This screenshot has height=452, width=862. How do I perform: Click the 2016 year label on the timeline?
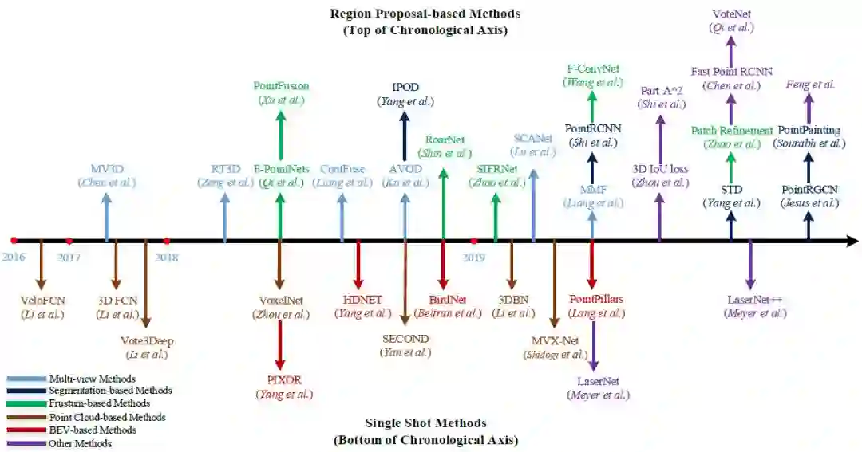coord(14,257)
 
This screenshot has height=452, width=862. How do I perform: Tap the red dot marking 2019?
coord(474,240)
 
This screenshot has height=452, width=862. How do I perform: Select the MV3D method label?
coord(107,168)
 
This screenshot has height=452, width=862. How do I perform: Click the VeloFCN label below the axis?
coord(42,300)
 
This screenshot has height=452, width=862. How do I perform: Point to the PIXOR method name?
coord(284,379)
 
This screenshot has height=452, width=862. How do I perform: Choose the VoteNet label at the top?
coord(731,14)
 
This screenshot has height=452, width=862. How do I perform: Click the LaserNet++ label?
coord(754,299)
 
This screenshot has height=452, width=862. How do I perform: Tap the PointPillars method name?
coord(596,299)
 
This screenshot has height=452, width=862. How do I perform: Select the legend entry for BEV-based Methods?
coord(81,430)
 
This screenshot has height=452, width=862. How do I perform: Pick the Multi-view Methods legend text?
coord(92,378)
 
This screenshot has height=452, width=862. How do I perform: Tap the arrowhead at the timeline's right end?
coord(852,240)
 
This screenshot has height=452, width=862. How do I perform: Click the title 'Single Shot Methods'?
coord(425,423)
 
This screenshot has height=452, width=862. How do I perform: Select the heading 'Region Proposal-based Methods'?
coord(425,14)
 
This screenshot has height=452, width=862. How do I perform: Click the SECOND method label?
coord(405,339)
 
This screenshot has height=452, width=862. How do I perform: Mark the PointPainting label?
coord(809,130)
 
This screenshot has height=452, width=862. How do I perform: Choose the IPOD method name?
coord(405,87)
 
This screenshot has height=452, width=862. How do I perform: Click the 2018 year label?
coord(167,257)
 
